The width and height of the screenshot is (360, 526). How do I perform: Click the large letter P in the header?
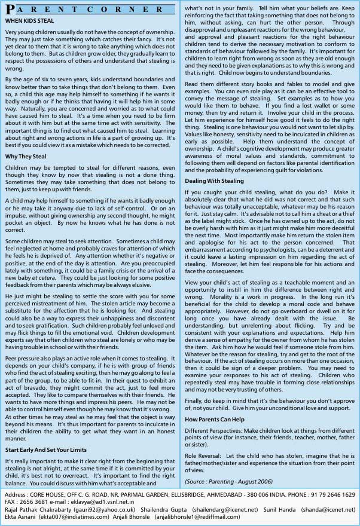click(9, 10)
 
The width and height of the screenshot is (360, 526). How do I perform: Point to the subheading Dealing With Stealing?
click(214, 181)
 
